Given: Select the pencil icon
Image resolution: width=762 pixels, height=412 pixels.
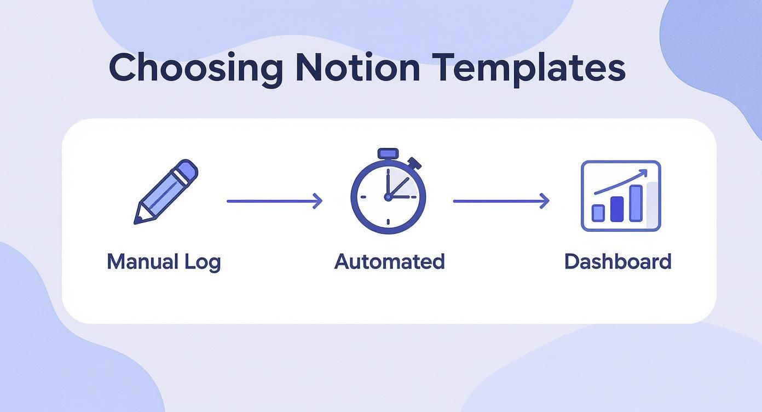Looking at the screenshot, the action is (x=166, y=191).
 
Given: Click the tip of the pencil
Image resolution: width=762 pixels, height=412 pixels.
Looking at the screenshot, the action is (x=135, y=222).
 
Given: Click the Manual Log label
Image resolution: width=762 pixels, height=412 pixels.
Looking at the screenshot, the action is (x=164, y=262).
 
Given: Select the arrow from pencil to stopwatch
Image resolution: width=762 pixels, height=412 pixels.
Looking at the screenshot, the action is (x=274, y=201).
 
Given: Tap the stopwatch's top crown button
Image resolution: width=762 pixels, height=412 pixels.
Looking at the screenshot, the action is (x=388, y=153).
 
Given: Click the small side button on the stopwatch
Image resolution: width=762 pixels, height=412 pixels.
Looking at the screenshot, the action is (x=415, y=163).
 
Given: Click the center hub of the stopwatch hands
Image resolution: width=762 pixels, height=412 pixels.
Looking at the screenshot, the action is (x=388, y=197).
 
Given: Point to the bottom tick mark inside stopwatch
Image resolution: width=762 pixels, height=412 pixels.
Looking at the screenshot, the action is (x=388, y=222).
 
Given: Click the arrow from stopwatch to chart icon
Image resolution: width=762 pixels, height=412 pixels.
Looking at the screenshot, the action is (x=501, y=201).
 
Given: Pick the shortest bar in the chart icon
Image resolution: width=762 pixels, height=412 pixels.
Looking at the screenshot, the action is (x=598, y=213).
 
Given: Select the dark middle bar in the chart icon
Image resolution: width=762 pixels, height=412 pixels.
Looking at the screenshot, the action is (x=617, y=209).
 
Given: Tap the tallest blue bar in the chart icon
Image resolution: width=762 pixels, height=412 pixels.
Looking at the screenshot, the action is (x=636, y=203).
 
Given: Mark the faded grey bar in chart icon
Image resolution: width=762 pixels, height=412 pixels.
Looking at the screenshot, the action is (x=652, y=205).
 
